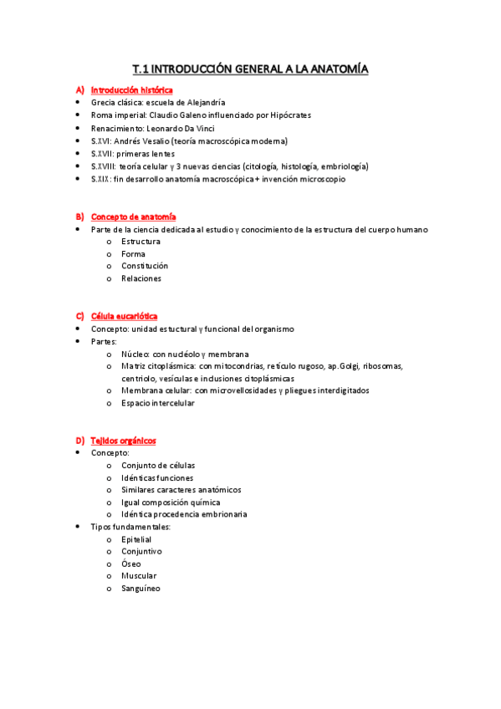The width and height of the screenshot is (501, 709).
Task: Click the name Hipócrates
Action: [x=284, y=115]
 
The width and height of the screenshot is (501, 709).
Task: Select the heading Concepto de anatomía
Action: [x=133, y=217]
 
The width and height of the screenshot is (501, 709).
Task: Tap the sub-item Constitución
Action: [x=145, y=266]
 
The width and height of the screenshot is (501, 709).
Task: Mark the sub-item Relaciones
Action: [x=141, y=278]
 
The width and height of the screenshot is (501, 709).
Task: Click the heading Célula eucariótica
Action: [x=124, y=316]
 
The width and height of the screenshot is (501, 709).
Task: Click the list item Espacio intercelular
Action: [x=158, y=403]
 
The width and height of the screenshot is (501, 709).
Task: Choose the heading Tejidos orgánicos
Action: [x=123, y=441]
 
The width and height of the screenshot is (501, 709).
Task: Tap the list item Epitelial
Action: [x=136, y=540]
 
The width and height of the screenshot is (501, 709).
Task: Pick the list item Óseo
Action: [x=131, y=564]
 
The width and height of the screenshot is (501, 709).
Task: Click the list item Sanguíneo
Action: [x=141, y=589]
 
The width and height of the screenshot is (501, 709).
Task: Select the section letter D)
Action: [x=79, y=441]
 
